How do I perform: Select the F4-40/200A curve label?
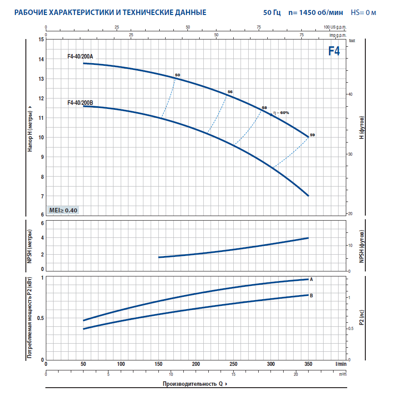tap(80, 57)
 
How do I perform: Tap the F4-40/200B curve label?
tap(80, 103)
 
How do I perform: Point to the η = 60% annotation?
tap(281, 113)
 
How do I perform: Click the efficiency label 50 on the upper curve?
tap(177, 75)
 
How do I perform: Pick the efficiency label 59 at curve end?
tap(312, 135)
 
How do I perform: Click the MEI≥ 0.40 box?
tap(63, 210)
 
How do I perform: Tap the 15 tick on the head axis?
tap(41, 40)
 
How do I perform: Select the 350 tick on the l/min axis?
tap(308, 364)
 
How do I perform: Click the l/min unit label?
tap(340, 364)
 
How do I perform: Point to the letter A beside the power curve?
tap(311, 280)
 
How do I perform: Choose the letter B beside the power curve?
tap(311, 296)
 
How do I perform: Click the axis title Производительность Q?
tap(193, 384)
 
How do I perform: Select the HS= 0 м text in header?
tap(364, 12)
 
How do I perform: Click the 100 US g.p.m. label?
tap(335, 27)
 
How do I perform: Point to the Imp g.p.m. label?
tap(338, 35)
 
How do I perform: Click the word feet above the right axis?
tap(352, 41)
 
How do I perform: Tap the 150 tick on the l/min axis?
tap(158, 364)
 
